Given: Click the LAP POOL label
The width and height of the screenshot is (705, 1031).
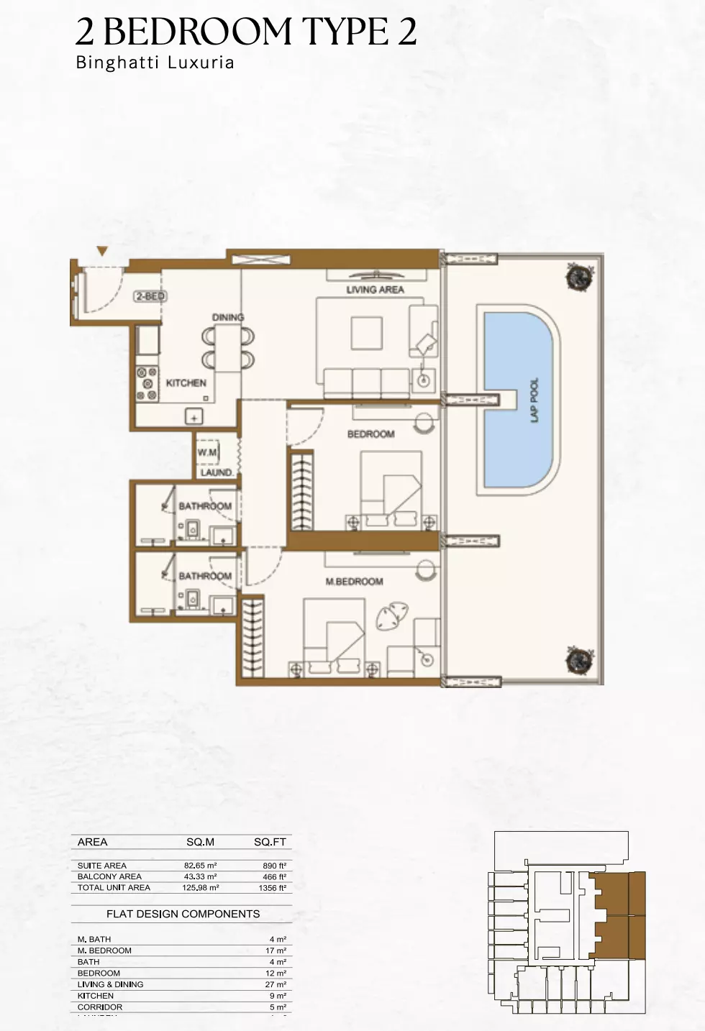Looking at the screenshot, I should (x=535, y=400).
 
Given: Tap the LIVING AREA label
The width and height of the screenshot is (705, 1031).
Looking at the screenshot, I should (x=375, y=290).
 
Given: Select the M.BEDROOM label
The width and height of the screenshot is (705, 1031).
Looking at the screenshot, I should (x=354, y=581).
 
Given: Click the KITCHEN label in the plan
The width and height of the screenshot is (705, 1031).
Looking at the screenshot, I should (x=186, y=383).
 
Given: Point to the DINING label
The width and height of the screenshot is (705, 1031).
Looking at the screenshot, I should (x=227, y=317).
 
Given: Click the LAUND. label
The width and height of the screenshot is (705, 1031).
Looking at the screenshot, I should (x=216, y=472).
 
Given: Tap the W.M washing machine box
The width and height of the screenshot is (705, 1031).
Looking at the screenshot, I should (x=207, y=452).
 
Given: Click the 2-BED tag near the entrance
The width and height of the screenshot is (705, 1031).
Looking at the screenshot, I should (x=150, y=295).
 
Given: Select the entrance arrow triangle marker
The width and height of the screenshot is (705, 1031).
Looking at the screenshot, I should (x=103, y=251).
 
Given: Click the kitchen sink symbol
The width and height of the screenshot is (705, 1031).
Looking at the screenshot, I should (x=194, y=416).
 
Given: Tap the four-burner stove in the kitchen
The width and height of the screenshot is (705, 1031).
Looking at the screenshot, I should (x=147, y=384).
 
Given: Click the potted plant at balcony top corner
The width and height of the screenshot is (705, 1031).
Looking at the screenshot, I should (x=578, y=277).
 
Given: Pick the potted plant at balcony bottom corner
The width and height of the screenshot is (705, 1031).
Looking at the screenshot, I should (x=578, y=659).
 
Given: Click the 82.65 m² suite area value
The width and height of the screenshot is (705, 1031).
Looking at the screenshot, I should (x=201, y=866).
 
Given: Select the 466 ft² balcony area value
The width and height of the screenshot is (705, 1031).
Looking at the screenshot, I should (x=274, y=876).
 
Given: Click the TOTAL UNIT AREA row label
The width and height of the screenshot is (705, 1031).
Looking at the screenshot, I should (x=114, y=887).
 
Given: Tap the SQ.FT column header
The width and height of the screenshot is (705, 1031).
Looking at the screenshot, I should (x=270, y=842).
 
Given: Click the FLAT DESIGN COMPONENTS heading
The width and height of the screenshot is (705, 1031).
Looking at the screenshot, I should (x=183, y=914).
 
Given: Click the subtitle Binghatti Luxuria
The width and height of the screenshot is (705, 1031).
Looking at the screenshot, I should (x=155, y=63).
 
